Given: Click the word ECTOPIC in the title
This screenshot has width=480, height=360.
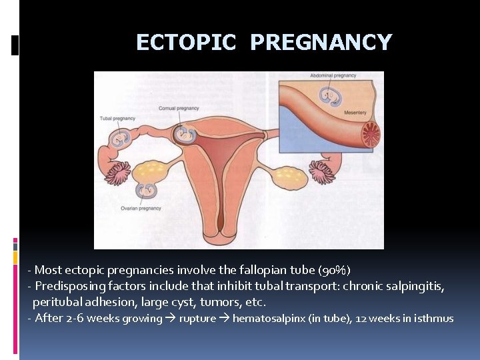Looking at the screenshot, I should (186, 42).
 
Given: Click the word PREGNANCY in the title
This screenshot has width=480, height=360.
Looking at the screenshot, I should (321, 42).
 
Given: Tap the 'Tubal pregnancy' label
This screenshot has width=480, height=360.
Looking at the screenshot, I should (117, 119).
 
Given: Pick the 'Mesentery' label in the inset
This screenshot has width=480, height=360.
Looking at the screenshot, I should (355, 113).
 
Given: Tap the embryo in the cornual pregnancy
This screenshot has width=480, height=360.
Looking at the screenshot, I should (184, 135).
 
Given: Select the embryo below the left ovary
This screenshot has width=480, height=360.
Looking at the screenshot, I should (146, 191).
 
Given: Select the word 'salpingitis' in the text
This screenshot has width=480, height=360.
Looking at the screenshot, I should (417, 286).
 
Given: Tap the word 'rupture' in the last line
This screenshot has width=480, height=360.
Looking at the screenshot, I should (197, 318).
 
